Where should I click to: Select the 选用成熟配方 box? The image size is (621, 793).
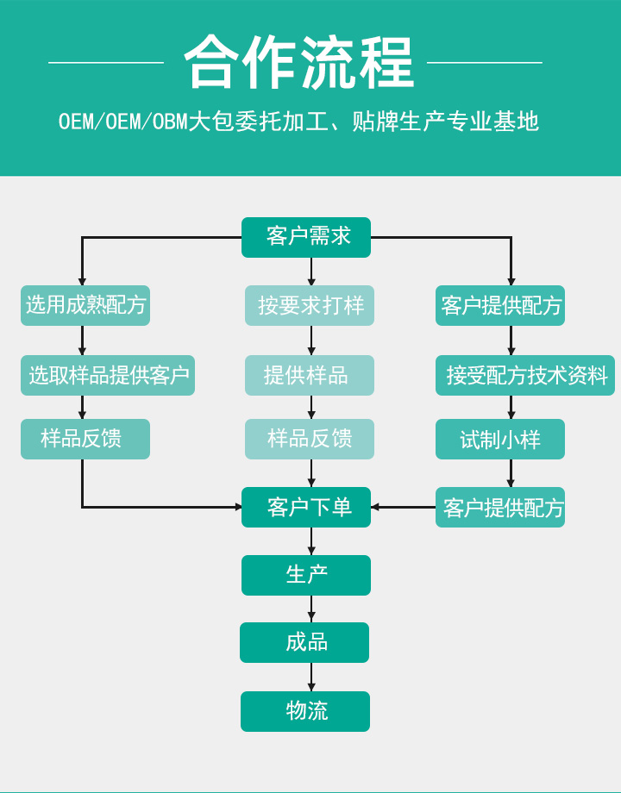pos(85,305)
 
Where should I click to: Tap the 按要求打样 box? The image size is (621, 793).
pos(310,305)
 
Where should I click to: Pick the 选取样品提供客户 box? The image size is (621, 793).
pos(108,375)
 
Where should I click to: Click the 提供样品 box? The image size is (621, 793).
pos(310,375)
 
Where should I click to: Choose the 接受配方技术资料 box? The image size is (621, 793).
pos(525,375)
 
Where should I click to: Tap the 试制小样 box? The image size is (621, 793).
pos(500,439)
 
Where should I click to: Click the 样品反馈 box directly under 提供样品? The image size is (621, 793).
pos(310,439)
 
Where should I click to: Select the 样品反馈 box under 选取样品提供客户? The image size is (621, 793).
pos(85,439)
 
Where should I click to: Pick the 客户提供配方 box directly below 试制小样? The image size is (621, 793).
pos(500,507)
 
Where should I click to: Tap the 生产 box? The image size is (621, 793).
pos(306,575)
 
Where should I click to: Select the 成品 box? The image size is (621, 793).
pos(304,642)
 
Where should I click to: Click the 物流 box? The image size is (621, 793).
pos(305,711)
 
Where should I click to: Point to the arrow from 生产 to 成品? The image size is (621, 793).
pos(311,609)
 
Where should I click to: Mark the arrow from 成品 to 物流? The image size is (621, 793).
pos(311,677)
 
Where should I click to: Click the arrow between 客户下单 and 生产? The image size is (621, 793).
pos(311,541)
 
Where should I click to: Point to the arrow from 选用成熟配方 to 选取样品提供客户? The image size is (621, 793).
pos(82,340)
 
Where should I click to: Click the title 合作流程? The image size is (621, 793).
pos(298,62)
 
